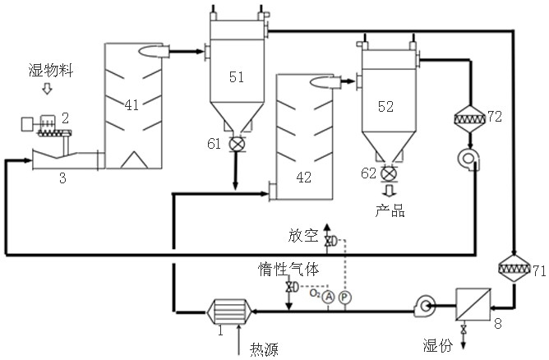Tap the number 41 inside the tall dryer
coord(131,104)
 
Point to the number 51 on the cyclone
coord(237,76)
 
